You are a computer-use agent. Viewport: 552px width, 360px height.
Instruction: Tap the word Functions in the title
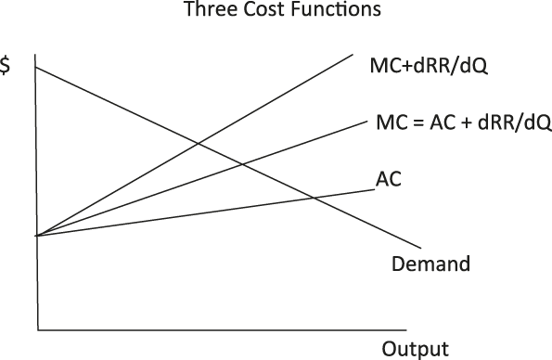pos(336,8)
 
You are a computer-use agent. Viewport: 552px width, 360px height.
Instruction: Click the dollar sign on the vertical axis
pos(5,65)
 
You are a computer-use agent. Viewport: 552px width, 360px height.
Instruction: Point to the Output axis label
pos(416,349)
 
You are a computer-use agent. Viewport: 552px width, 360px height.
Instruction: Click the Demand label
pos(430,264)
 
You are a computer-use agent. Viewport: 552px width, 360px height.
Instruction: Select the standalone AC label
pos(389,178)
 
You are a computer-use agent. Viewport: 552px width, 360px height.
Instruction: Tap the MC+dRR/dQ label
pos(429,66)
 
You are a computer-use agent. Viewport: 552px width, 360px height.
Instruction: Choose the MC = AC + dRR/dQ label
pos(464,122)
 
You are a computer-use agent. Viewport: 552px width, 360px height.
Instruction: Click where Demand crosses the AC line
pos(314,199)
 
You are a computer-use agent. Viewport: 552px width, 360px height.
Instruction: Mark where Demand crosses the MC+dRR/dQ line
pos(198,143)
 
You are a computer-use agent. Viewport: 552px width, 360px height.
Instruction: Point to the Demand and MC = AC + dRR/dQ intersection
pos(242,164)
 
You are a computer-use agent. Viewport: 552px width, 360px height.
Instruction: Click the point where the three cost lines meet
pos(36,236)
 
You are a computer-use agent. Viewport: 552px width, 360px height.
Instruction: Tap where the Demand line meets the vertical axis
pos(35,67)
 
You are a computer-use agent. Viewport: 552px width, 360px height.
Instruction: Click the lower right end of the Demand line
pos(420,249)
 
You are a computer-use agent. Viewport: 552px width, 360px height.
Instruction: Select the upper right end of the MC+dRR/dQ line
pos(353,54)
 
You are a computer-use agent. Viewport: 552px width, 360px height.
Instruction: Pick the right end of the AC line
pos(375,190)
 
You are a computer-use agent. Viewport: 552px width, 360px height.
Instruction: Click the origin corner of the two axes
pos(38,330)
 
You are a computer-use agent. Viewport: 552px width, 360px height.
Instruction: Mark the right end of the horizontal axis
pos(406,330)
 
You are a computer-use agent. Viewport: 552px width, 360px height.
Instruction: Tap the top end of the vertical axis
pos(35,55)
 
